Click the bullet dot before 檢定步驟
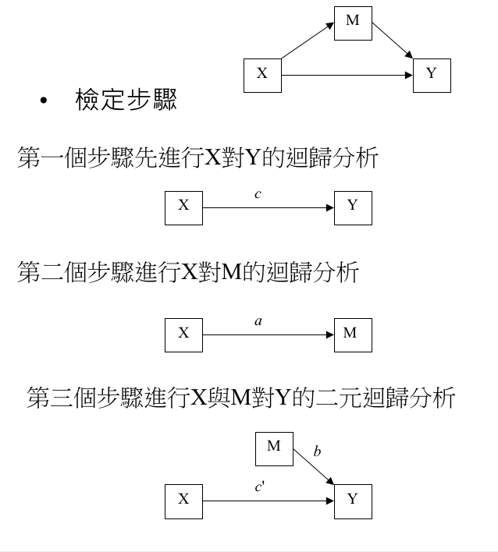pyautogui.click(x=44, y=101)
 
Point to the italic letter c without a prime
pyautogui.click(x=258, y=194)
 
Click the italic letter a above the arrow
pyautogui.click(x=258, y=321)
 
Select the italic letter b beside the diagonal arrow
pyautogui.click(x=317, y=451)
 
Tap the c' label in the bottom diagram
pyautogui.click(x=260, y=487)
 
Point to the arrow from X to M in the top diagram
pyautogui.click(x=308, y=41)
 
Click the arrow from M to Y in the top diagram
pyautogui.click(x=393, y=41)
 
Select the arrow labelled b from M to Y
pyautogui.click(x=314, y=467)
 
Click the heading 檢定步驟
pyautogui.click(x=126, y=100)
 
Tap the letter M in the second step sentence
pyautogui.click(x=232, y=272)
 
